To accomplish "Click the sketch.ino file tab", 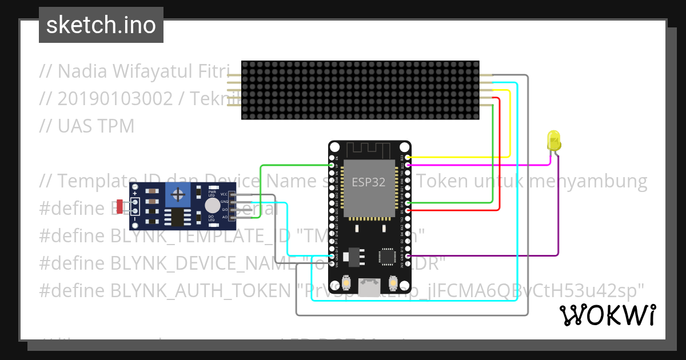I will coord(101,25).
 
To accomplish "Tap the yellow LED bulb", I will coord(553,140).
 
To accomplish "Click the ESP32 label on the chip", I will coord(368,183).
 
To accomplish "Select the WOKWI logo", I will coord(607,315).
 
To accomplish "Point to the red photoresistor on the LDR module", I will coord(119,206).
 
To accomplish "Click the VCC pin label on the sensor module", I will coord(225,194).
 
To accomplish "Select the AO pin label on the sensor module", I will coord(225,217).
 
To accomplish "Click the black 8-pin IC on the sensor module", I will coord(178,217).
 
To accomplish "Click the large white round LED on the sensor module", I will coord(213,206).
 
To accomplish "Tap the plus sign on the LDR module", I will coord(135,194).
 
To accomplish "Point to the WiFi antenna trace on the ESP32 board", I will coord(368,149).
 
